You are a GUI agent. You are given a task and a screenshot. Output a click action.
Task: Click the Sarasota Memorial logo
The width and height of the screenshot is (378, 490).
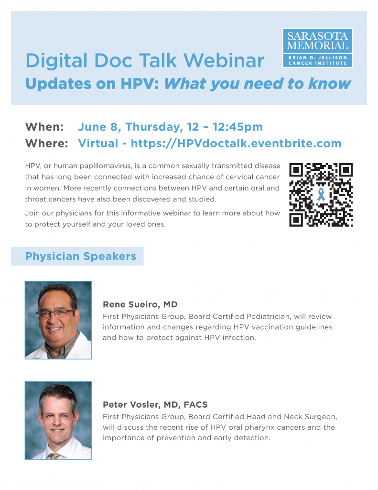tap(317, 48)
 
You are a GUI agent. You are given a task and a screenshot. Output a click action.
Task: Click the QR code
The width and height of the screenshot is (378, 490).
tap(321, 195)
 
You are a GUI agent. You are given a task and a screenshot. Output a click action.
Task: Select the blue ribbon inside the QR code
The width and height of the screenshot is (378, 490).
tap(321, 194)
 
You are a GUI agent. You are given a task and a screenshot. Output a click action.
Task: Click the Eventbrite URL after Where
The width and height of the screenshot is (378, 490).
tap(236, 143)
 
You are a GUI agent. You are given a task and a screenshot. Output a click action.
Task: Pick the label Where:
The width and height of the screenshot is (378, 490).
tap(46, 143)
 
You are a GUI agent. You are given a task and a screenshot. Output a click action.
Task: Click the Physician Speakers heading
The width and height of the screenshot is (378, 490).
tap(81, 256)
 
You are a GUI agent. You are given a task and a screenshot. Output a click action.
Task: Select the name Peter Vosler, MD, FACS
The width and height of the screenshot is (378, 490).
tap(155, 405)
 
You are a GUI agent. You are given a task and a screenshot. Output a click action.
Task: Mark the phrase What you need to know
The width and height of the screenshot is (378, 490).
tap(258, 84)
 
